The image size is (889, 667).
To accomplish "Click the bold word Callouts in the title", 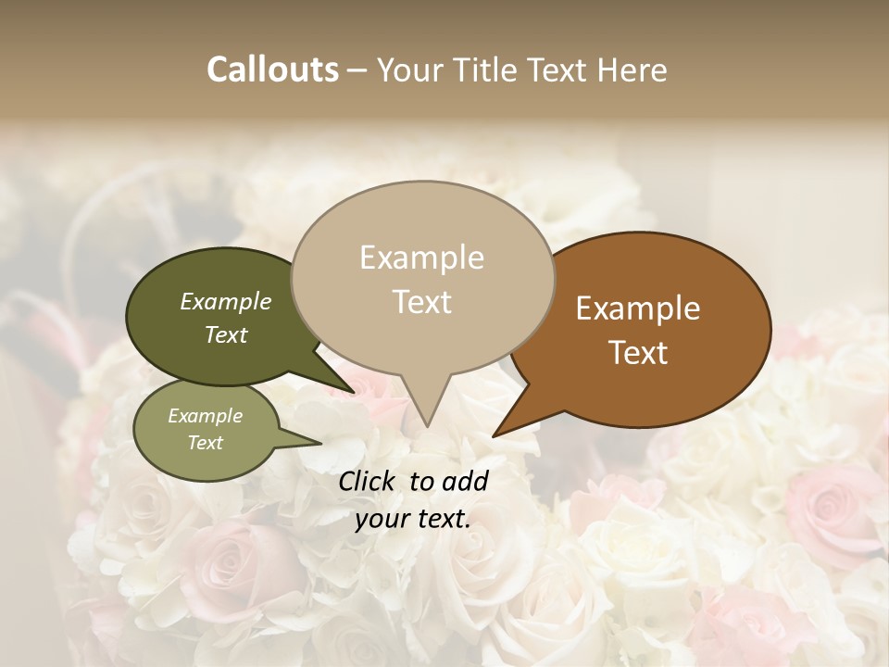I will click(x=272, y=69).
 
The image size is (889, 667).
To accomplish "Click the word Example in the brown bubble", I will click(x=638, y=308).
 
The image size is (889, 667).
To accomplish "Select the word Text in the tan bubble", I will click(x=422, y=302).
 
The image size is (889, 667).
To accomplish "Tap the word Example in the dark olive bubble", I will click(x=226, y=302).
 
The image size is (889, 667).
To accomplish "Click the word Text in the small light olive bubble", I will click(x=206, y=443).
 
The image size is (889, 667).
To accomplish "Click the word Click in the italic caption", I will click(x=369, y=481).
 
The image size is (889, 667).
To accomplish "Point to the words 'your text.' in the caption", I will click(x=413, y=519).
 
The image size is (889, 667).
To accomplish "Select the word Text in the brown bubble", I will click(x=639, y=353).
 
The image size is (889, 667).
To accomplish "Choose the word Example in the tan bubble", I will click(x=422, y=258).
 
